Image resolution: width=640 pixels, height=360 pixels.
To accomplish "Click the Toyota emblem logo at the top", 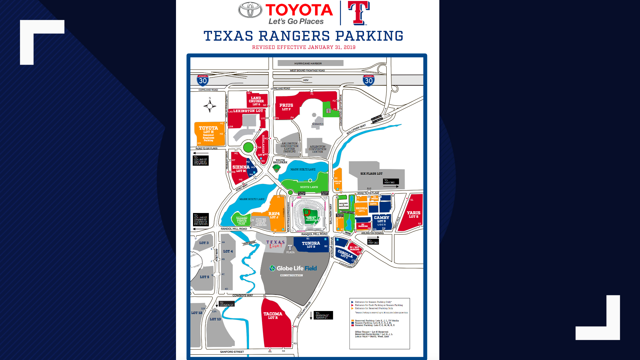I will tap(250, 10).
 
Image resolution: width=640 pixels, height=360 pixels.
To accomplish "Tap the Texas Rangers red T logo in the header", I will tap(359, 13).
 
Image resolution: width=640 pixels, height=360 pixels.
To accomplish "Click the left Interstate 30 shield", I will tap(203, 80).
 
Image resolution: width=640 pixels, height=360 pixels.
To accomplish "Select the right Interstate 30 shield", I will tap(368, 80).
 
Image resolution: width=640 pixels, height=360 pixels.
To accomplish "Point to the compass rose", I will tap(210, 106).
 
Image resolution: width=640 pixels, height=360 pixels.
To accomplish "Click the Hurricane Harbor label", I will tap(308, 63).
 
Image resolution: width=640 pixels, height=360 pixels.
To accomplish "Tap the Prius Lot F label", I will tap(286, 107).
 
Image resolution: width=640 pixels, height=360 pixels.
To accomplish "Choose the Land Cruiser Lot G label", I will tap(256, 101).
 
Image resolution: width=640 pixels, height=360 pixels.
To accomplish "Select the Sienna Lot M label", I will tap(241, 169).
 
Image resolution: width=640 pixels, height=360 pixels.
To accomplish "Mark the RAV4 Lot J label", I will tap(274, 215).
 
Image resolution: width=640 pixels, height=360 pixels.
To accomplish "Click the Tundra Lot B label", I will tap(311, 245).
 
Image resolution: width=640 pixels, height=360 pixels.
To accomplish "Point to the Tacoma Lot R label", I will tap(273, 315).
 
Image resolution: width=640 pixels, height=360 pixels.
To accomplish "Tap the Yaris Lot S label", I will tap(413, 214).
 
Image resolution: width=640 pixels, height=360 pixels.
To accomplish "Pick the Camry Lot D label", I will tap(381, 219).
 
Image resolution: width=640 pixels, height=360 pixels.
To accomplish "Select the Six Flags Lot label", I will tap(371, 174).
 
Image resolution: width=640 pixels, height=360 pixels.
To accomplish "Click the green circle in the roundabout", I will tap(248, 147).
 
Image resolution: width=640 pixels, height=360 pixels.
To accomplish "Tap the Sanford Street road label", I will tap(232, 352).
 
